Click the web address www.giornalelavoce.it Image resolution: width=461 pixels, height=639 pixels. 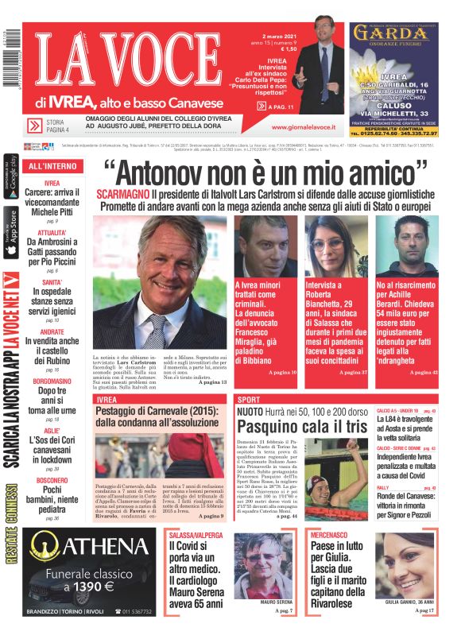pos(303,126)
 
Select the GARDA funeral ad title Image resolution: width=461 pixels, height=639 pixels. pos(390,33)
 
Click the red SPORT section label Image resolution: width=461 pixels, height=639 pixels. pos(249,399)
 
